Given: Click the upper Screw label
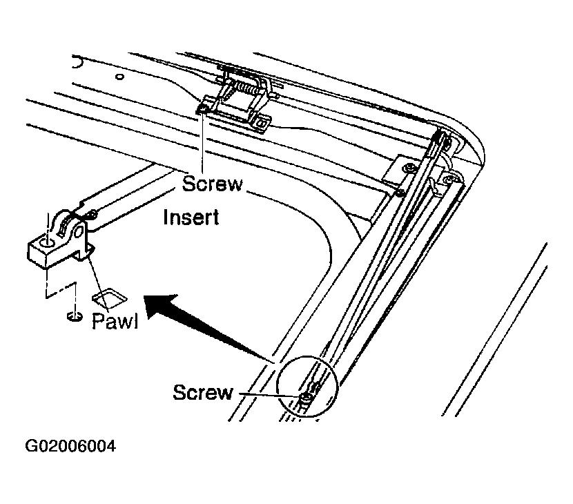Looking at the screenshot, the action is point(213,184).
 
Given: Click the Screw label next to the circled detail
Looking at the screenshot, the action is point(203,392).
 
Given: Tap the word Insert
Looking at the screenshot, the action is point(191,217).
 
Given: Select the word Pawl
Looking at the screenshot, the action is point(115,321).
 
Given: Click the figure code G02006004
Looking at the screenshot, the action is point(70,446).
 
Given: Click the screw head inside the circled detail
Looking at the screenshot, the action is point(307,397).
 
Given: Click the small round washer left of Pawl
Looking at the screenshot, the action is point(75,316).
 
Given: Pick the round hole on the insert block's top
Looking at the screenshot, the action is point(48,243).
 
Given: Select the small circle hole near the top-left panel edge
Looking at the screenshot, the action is point(119,77).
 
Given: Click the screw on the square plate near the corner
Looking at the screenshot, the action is point(410,168).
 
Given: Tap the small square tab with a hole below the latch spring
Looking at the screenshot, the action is point(262,123).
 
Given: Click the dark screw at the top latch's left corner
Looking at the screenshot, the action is point(203,109).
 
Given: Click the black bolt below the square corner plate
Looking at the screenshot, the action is point(400,192).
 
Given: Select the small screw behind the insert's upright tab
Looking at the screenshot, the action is point(93,213).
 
